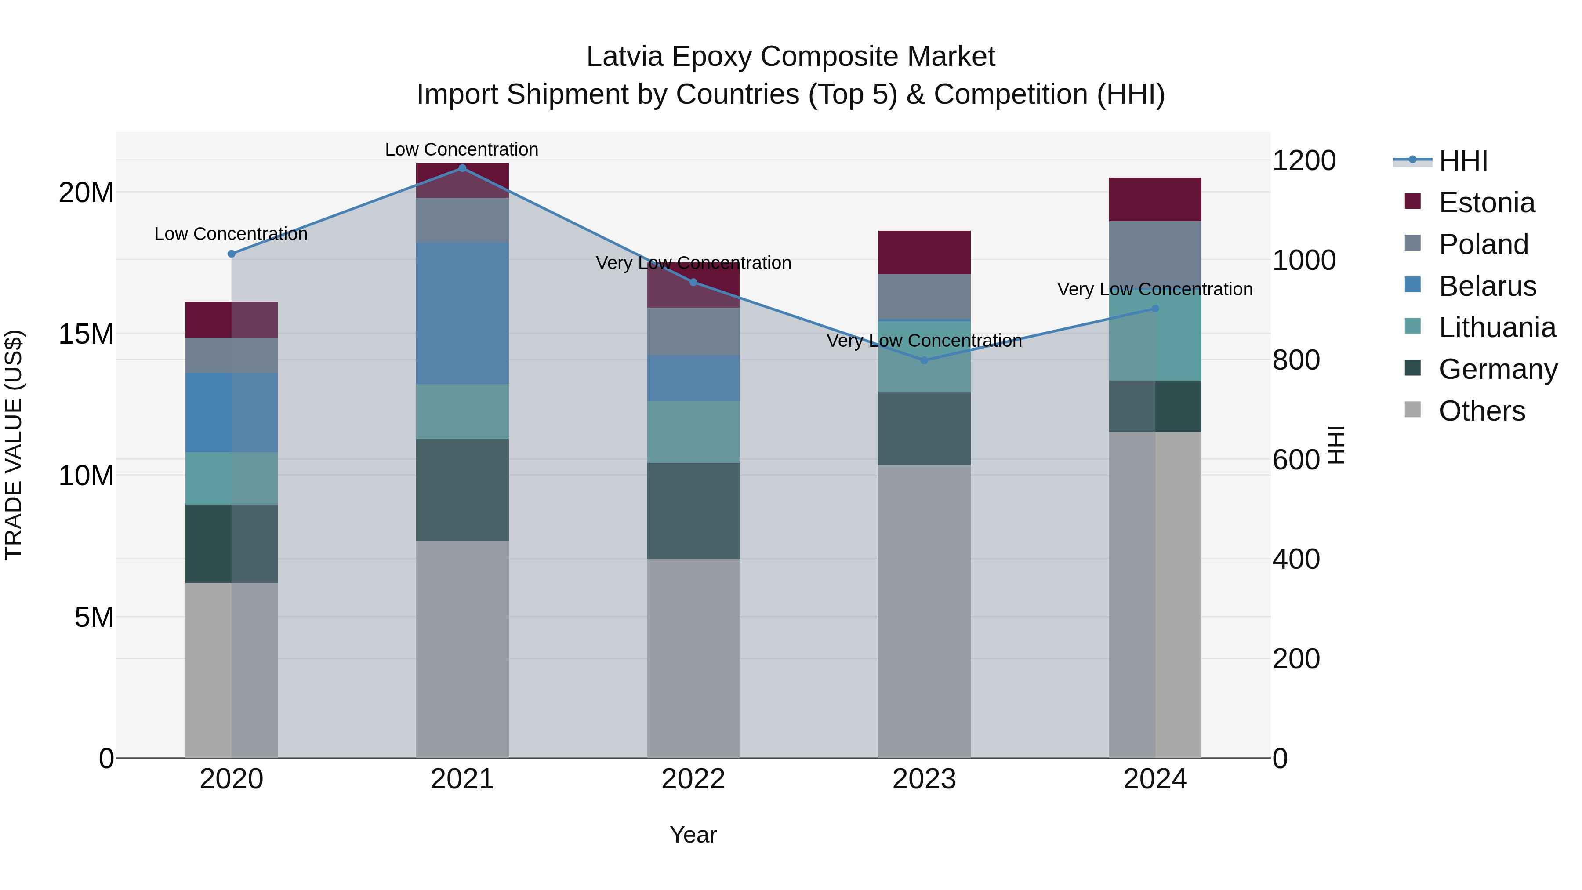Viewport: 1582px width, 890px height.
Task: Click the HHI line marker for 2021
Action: (462, 168)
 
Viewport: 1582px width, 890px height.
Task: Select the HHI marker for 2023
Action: (924, 360)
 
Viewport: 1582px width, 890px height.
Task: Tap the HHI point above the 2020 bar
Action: (232, 254)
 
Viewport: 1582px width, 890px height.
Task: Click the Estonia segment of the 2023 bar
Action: (924, 252)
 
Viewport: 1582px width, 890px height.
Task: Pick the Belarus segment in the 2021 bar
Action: (462, 313)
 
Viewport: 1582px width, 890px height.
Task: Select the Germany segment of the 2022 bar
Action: (693, 511)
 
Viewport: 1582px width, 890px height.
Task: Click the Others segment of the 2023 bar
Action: (924, 611)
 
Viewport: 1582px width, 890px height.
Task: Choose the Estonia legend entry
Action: (1486, 203)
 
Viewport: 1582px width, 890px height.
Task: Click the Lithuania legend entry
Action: (1497, 328)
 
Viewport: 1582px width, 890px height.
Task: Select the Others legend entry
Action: (1481, 411)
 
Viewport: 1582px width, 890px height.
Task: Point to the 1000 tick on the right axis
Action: (1304, 261)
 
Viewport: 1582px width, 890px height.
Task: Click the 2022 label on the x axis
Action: (693, 779)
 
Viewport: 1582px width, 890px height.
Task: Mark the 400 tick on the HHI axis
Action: (1296, 559)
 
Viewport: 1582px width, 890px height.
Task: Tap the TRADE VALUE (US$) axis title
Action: (14, 445)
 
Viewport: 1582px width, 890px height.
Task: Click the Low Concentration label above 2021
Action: (462, 149)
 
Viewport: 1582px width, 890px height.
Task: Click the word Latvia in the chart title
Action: (624, 57)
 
